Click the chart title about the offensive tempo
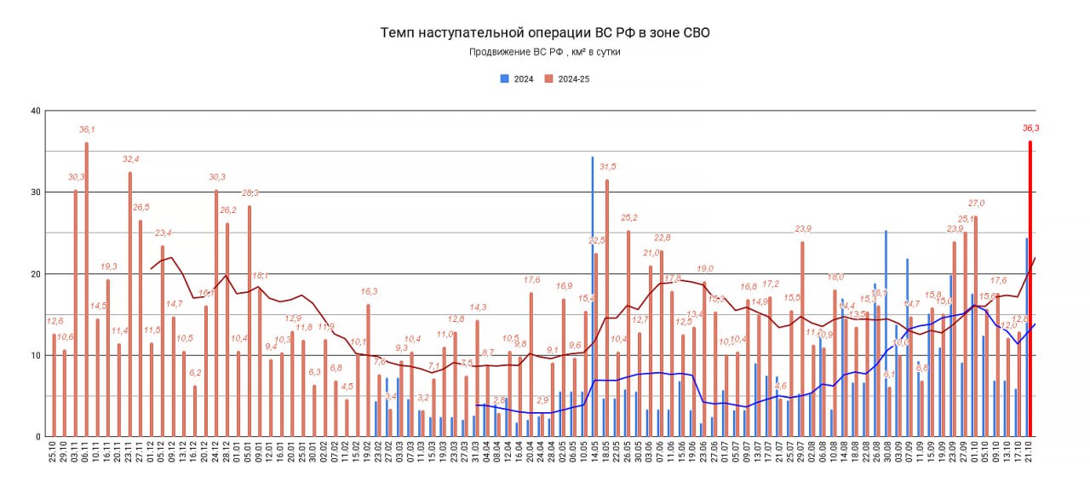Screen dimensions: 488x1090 pyautogui.click(x=544, y=32)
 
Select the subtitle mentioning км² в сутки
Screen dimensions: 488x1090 pyautogui.click(x=544, y=52)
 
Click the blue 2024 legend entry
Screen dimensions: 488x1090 pyautogui.click(x=517, y=79)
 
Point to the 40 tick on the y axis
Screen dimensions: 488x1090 pyautogui.click(x=35, y=111)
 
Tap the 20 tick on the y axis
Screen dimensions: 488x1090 pyautogui.click(x=35, y=274)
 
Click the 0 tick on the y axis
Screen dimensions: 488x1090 pyautogui.click(x=37, y=437)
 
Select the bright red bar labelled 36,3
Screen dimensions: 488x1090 pyautogui.click(x=1030, y=290)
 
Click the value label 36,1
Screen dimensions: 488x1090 pyautogui.click(x=87, y=129)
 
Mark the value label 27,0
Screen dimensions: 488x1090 pyautogui.click(x=976, y=204)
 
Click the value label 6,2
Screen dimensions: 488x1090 pyautogui.click(x=195, y=373)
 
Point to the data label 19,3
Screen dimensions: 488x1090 pyautogui.click(x=109, y=267)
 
